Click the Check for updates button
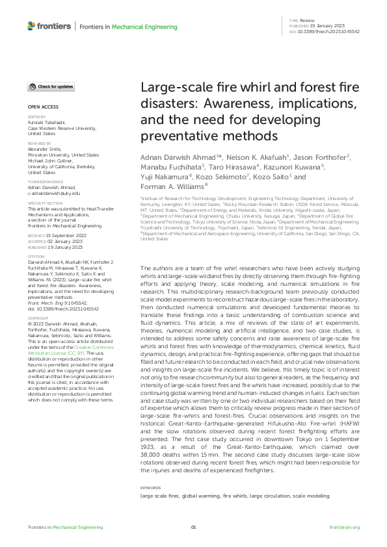coord(51,86)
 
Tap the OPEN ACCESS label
coord(42,106)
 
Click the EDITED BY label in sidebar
coord(36,118)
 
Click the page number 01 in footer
coord(193,528)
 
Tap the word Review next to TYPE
coord(307,21)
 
